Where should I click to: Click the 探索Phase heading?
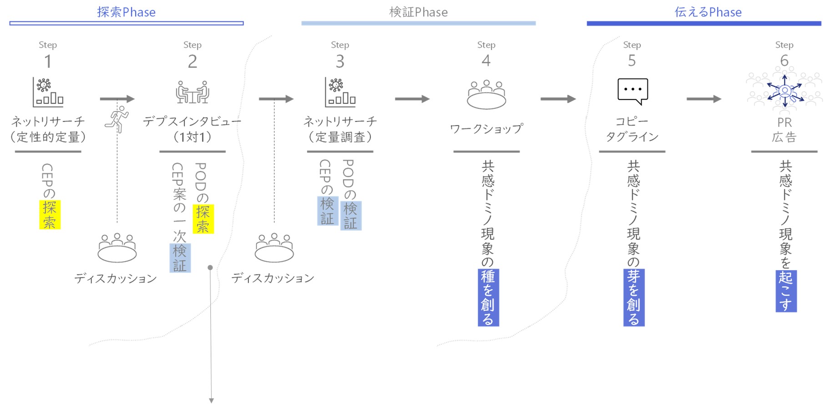point(126,12)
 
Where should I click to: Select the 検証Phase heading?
point(418,12)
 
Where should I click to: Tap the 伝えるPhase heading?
point(708,12)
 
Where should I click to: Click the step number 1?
point(48,61)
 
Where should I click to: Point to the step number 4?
point(486,61)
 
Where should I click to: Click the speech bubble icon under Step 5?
point(633,91)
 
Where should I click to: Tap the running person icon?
point(117,119)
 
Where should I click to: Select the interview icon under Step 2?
point(192,92)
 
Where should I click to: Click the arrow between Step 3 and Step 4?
point(412,99)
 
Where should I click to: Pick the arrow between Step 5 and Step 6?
point(704,99)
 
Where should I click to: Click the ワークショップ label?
point(486,129)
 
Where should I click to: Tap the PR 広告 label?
point(784,130)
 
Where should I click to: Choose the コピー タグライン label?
point(632,129)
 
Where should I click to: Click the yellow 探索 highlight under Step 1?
point(50,215)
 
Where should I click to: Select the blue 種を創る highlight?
point(488,298)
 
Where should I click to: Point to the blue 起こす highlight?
point(786,291)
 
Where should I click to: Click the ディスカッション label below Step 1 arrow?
point(116,278)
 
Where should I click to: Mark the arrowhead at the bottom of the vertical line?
point(211,400)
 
